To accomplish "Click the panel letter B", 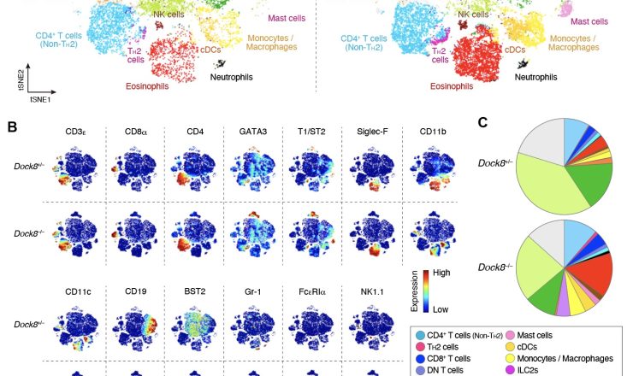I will [13, 127].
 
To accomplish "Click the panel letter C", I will [483, 122].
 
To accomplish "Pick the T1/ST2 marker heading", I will [311, 132].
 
